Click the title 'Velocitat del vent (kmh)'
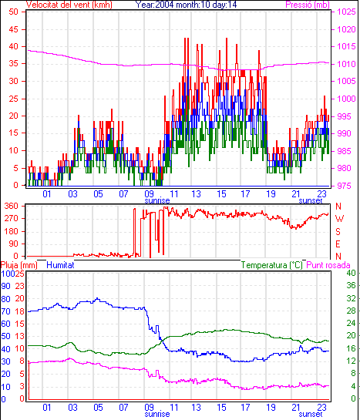click(x=69, y=5)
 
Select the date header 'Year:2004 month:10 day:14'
click(x=186, y=5)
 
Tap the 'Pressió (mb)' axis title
click(x=308, y=5)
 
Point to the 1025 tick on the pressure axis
click(x=346, y=12)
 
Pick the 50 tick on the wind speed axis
click(x=14, y=12)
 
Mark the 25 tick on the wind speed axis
click(x=14, y=99)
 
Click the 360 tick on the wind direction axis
click(x=12, y=206)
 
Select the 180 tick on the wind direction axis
click(x=12, y=231)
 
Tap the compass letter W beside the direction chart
click(x=339, y=219)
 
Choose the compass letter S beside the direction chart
click(x=338, y=231)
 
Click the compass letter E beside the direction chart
click(x=338, y=244)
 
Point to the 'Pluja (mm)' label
click(x=19, y=265)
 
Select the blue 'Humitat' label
click(x=60, y=265)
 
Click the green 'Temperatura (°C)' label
click(x=271, y=265)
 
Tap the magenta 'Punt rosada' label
click(x=328, y=265)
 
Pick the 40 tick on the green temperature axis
click(x=351, y=274)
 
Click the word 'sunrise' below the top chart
click(x=157, y=200)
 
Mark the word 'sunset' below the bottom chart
click(x=311, y=414)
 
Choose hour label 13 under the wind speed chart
click(x=196, y=193)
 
